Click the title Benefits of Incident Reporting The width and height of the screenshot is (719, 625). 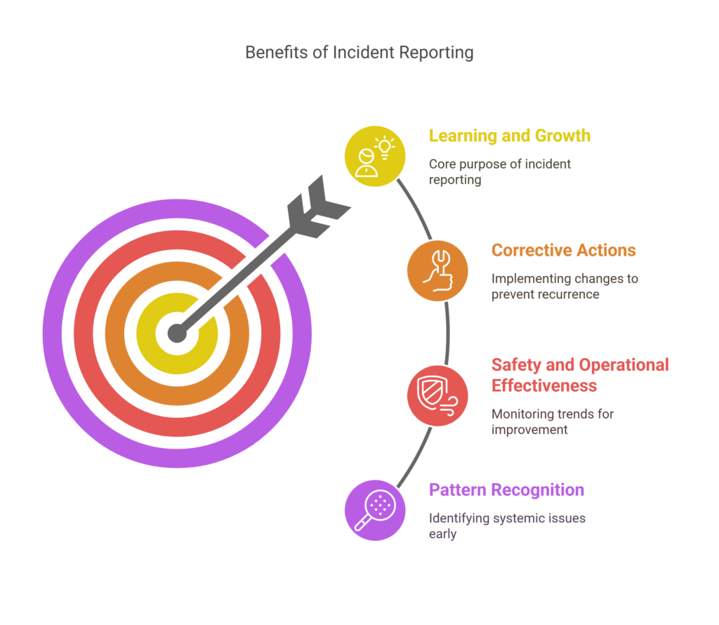pos(359,52)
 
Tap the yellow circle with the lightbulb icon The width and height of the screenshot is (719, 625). pos(375,157)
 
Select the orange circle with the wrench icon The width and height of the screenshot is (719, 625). pos(437,271)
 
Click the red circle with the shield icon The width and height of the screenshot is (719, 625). pos(437,396)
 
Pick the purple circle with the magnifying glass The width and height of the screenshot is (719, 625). pos(375,511)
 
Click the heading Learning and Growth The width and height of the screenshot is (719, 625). pos(510,136)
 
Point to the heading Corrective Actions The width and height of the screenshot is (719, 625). pos(564,251)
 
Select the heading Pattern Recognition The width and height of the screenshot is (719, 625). pos(506,489)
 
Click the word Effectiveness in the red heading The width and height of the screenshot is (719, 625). pos(544,386)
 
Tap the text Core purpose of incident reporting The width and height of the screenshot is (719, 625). pos(500,171)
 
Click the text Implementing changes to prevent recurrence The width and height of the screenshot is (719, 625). pos(565,286)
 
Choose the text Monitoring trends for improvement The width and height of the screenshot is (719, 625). pos(552,421)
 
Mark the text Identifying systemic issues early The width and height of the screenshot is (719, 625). pos(507,525)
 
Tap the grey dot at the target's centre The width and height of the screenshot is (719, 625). pos(177,333)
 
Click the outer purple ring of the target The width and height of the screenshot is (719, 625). pos(52,334)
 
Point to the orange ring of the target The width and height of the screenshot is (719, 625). pos(114,334)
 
